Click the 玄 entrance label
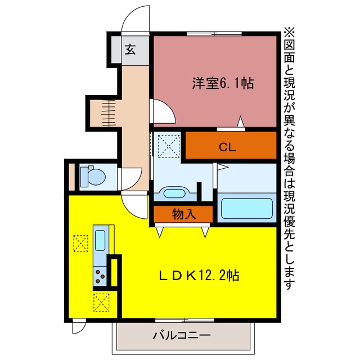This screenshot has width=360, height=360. point(130,49)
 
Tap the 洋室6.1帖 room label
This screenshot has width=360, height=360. point(223,83)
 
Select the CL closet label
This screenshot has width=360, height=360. point(227,147)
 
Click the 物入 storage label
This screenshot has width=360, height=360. point(184,214)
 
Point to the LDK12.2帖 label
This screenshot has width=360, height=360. point(199,275)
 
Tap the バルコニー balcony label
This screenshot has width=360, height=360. point(182,336)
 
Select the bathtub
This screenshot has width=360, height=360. point(247,208)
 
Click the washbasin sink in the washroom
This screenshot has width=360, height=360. point(174,193)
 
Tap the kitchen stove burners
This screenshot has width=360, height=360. point(100,276)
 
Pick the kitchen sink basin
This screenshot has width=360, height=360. point(100,240)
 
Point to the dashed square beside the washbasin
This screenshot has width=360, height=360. point(169,146)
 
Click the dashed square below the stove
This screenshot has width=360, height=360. point(101,303)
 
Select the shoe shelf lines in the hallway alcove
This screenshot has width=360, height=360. point(109,113)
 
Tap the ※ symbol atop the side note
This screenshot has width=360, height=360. point(289,33)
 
